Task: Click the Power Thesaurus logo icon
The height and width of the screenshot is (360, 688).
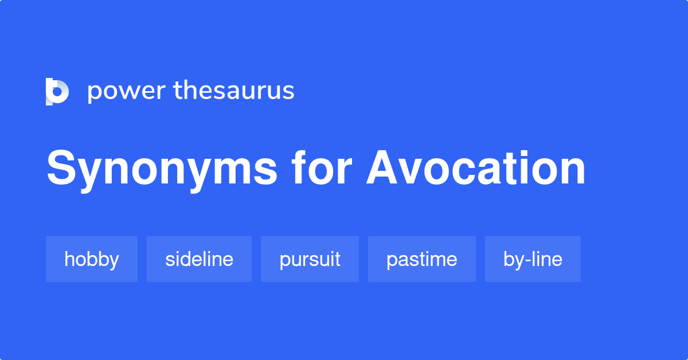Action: [x=57, y=92]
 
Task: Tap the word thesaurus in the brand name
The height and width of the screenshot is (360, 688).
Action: [x=233, y=91]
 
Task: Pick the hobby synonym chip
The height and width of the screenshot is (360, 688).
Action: [x=92, y=259]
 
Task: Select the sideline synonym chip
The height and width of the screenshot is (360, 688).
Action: [x=199, y=259]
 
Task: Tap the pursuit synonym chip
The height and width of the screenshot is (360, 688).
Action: [x=310, y=259]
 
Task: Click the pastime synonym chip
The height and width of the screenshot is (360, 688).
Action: [x=421, y=259]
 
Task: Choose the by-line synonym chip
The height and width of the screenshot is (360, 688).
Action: [x=533, y=259]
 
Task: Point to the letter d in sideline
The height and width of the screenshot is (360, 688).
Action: [x=190, y=259]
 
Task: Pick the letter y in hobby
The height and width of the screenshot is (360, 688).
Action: [x=114, y=261]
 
